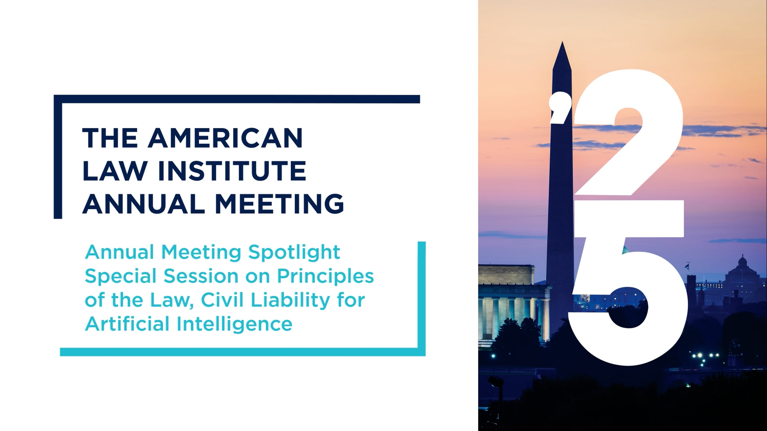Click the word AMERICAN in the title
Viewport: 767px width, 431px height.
[225, 138]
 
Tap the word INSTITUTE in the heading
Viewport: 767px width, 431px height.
[232, 171]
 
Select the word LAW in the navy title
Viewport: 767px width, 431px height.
[114, 171]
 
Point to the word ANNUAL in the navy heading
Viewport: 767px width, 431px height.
[144, 204]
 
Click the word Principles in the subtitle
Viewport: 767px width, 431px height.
[325, 276]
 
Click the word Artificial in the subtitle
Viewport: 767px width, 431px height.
[127, 324]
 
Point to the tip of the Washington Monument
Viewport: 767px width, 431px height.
[562, 42]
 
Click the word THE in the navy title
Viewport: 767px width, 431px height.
[110, 138]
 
